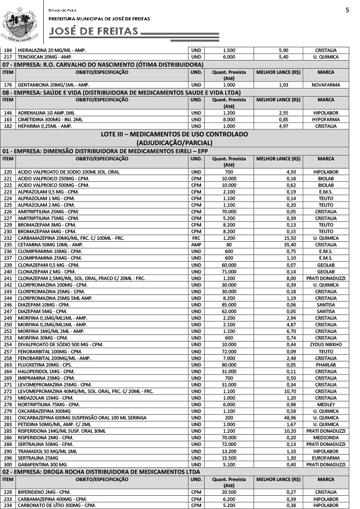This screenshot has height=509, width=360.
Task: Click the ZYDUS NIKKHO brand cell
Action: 325,345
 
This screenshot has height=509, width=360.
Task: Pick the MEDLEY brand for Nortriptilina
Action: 325,405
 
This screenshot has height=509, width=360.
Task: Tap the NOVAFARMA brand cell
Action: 325,84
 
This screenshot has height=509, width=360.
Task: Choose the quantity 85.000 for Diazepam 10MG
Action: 229,305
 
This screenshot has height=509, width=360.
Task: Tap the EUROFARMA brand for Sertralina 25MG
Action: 325,458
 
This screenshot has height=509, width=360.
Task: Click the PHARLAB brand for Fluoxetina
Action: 325,364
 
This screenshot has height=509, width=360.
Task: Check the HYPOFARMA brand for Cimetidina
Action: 325,119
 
